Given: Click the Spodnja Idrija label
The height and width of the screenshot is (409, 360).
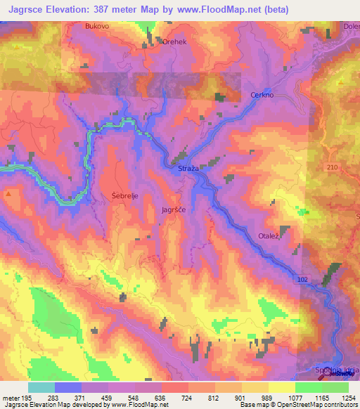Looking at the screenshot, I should [x=338, y=370].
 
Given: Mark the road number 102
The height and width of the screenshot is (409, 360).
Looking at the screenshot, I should [x=303, y=279].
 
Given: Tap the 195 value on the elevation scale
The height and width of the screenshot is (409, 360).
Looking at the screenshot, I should [x=28, y=397].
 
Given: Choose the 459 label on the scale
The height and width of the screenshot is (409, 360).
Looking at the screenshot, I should [x=108, y=397].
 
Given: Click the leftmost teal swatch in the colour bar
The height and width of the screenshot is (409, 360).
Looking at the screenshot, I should [x=41, y=387].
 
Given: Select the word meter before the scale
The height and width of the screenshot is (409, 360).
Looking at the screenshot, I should [x=11, y=397].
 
